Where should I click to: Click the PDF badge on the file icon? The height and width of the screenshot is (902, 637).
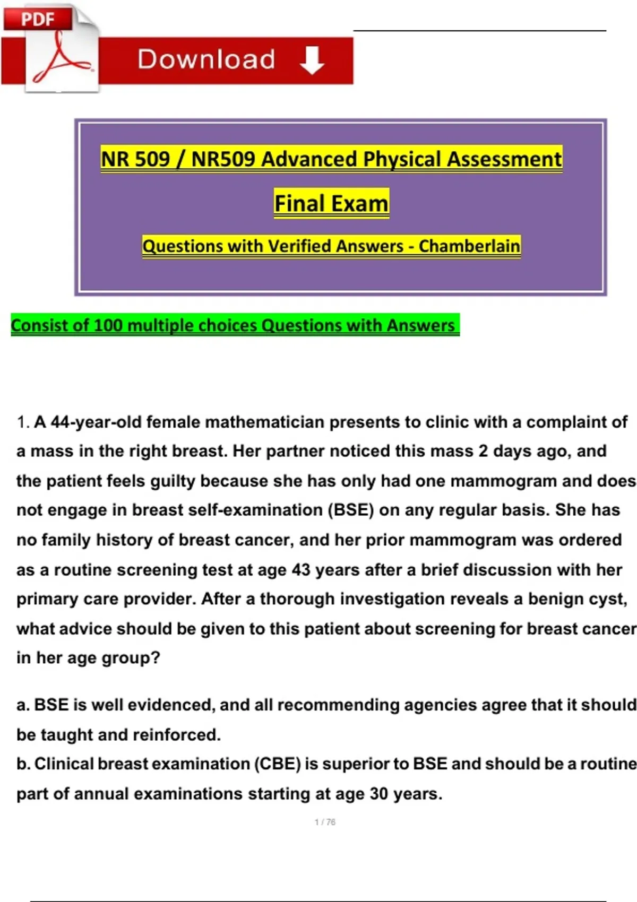(x=37, y=19)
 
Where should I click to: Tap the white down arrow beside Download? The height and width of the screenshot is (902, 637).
(x=312, y=59)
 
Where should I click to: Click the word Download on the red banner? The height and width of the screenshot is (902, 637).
(x=206, y=59)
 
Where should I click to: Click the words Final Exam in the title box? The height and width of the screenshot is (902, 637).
(x=331, y=203)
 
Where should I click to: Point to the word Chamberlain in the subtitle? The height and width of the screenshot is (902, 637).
(x=469, y=246)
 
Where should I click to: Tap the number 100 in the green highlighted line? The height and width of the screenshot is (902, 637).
(x=108, y=325)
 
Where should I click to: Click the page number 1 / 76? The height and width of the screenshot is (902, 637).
(x=325, y=822)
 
